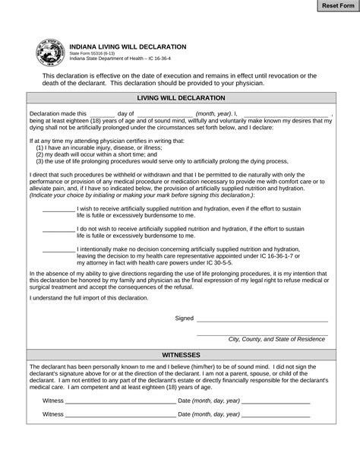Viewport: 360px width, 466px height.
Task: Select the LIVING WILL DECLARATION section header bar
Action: click(180, 98)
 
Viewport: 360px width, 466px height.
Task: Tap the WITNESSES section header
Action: click(180, 354)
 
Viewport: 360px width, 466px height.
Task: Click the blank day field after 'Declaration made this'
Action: click(102, 113)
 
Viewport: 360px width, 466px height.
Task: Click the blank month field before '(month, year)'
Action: click(165, 113)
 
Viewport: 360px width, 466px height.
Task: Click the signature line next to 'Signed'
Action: click(262, 319)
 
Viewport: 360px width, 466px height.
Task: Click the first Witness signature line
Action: click(120, 401)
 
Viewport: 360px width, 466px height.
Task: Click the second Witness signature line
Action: click(120, 415)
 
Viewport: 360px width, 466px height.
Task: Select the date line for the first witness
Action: click(276, 401)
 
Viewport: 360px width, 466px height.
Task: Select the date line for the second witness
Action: click(276, 415)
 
